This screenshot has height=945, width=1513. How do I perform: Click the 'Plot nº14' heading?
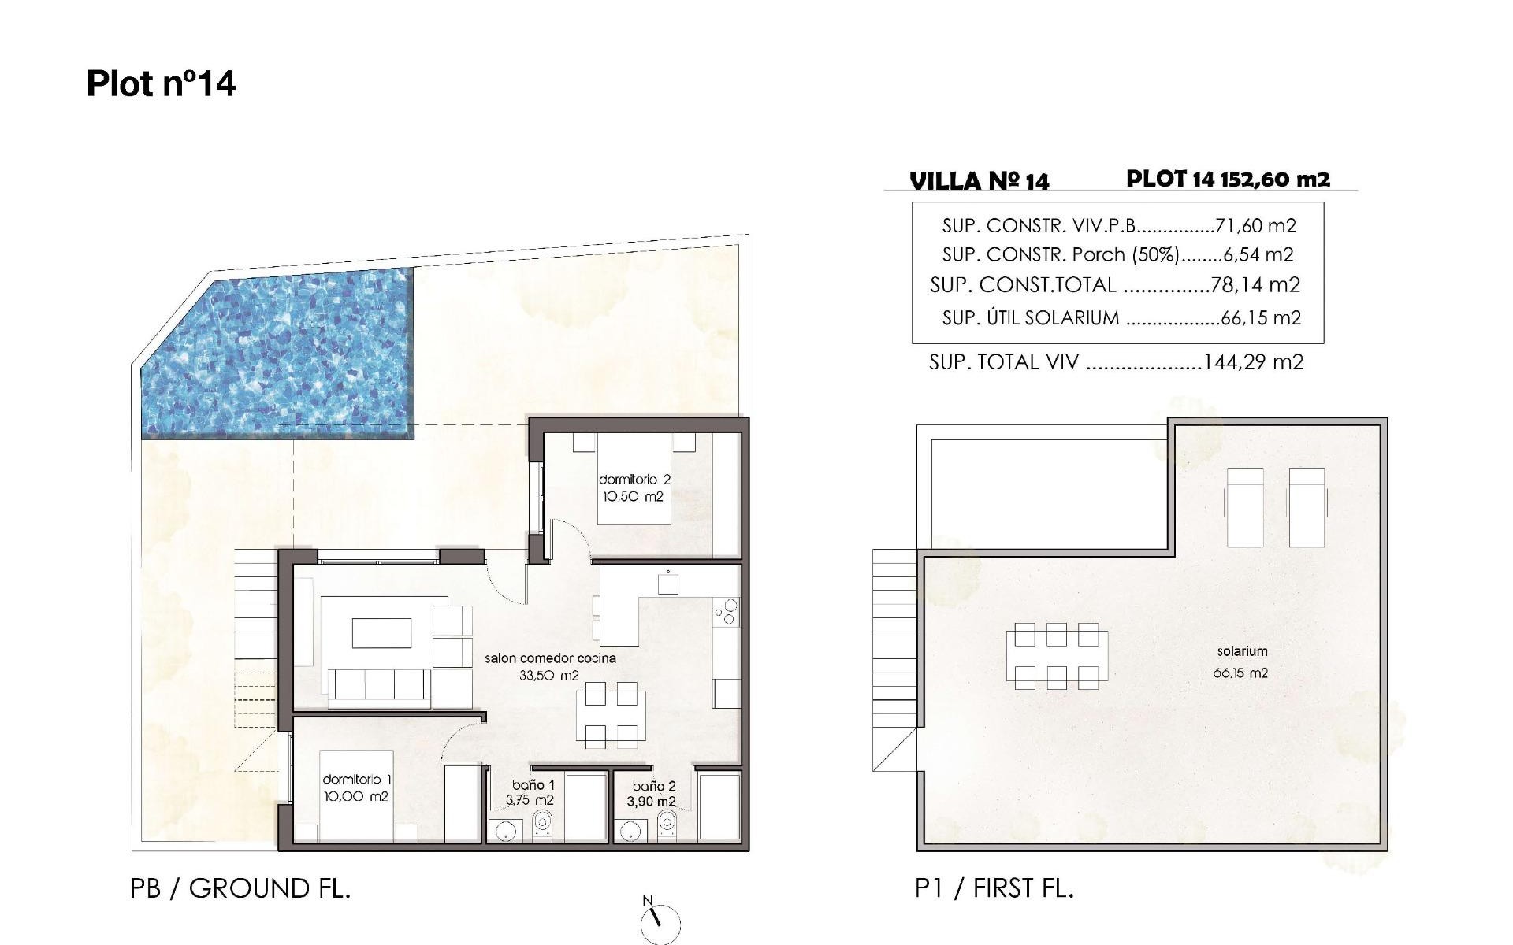point(161,83)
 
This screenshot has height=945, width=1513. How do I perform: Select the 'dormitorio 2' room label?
point(634,479)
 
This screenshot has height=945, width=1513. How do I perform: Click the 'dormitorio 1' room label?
point(356,779)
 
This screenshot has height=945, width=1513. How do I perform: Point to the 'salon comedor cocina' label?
point(550,658)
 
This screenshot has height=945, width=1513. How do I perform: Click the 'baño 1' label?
point(533,785)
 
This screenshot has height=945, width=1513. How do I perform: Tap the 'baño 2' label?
point(653,786)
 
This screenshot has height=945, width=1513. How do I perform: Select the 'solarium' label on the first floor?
point(1242,651)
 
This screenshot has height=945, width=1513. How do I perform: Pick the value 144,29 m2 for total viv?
point(1254,362)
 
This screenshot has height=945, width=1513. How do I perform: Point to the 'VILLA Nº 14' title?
point(979,181)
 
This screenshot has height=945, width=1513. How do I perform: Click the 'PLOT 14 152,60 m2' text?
point(1228,179)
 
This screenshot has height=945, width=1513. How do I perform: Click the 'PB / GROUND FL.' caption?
point(240,888)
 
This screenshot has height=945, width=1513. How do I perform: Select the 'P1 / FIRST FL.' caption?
point(994,888)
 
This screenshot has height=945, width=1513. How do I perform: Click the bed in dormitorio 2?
point(634,480)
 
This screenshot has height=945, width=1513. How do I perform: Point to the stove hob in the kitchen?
point(726,612)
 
